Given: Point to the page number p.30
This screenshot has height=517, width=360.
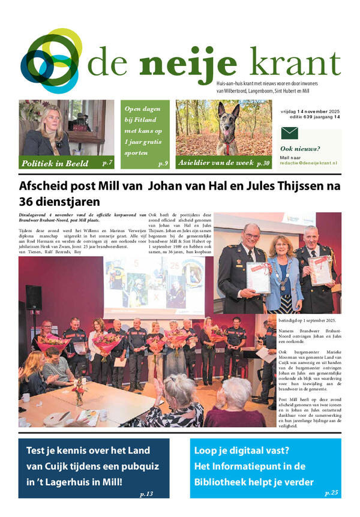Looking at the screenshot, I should click(x=263, y=163).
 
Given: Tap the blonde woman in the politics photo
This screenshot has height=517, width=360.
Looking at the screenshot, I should click(x=44, y=132).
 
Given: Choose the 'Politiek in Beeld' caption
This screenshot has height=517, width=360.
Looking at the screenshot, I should click(x=55, y=163).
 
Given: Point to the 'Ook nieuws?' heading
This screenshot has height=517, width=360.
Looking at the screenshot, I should click(x=300, y=149).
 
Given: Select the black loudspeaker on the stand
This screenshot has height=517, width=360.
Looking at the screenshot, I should click(x=34, y=297).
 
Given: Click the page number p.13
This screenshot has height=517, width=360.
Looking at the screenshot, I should click(x=146, y=494).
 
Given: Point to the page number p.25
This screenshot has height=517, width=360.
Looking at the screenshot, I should click(x=331, y=494).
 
